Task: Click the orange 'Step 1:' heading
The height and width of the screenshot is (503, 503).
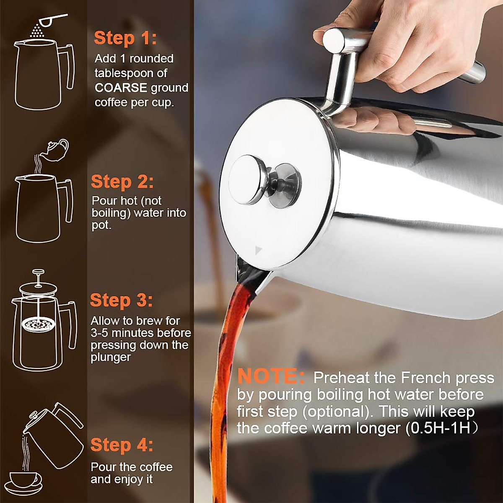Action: [125, 38]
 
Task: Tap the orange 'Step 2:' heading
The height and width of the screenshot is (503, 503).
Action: [122, 182]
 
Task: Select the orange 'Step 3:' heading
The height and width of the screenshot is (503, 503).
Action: [122, 301]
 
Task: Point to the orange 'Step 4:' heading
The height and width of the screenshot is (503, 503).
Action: [122, 445]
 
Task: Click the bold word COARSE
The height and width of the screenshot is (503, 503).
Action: [121, 88]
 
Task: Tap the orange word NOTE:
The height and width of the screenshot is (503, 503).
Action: [271, 376]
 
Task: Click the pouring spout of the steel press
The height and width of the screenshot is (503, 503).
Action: [247, 272]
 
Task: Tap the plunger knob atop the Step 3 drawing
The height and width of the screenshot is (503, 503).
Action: [39, 272]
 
